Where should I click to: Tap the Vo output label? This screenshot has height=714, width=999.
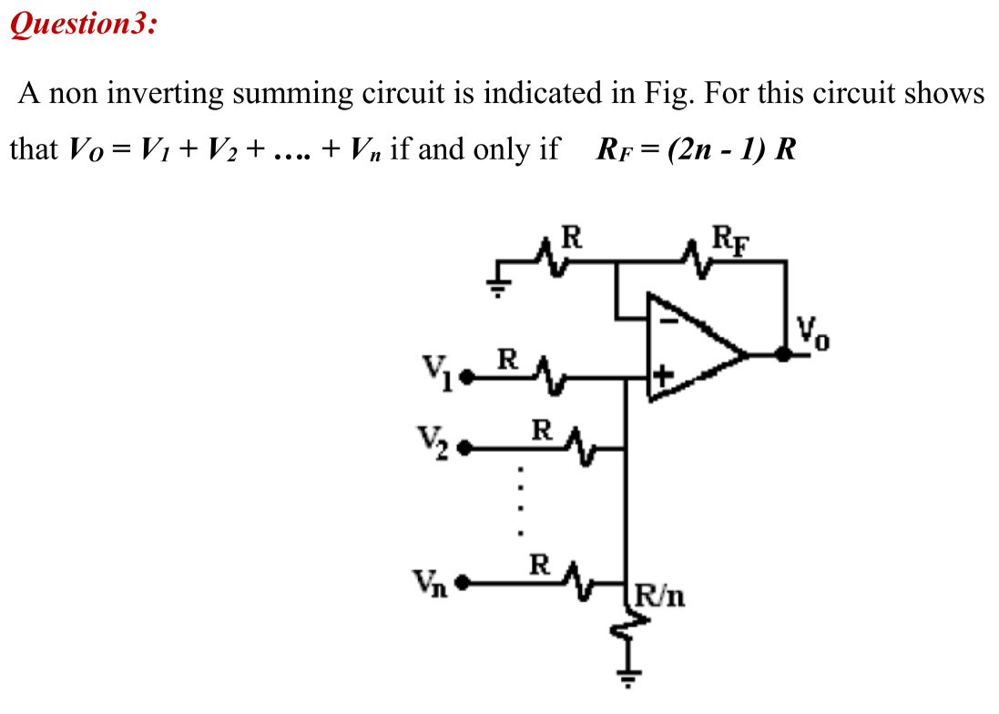813,333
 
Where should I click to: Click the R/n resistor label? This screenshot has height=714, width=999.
660,597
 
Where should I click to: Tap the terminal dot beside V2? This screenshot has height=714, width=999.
465,448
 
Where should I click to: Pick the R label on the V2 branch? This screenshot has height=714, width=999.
541,430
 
